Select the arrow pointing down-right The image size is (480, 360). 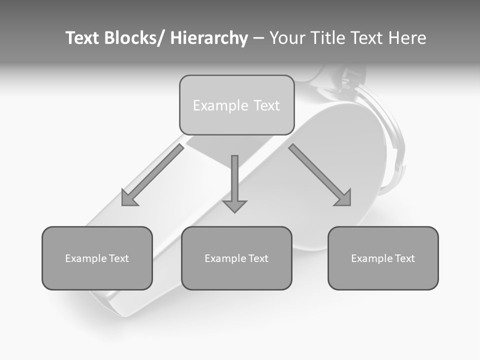(320, 175)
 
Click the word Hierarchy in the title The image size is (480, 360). (209, 38)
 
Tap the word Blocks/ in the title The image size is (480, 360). (134, 38)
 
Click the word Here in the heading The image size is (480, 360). (407, 38)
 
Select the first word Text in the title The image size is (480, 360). (83, 38)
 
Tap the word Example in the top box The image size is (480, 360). (220, 105)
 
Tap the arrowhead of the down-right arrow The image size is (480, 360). (343, 198)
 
